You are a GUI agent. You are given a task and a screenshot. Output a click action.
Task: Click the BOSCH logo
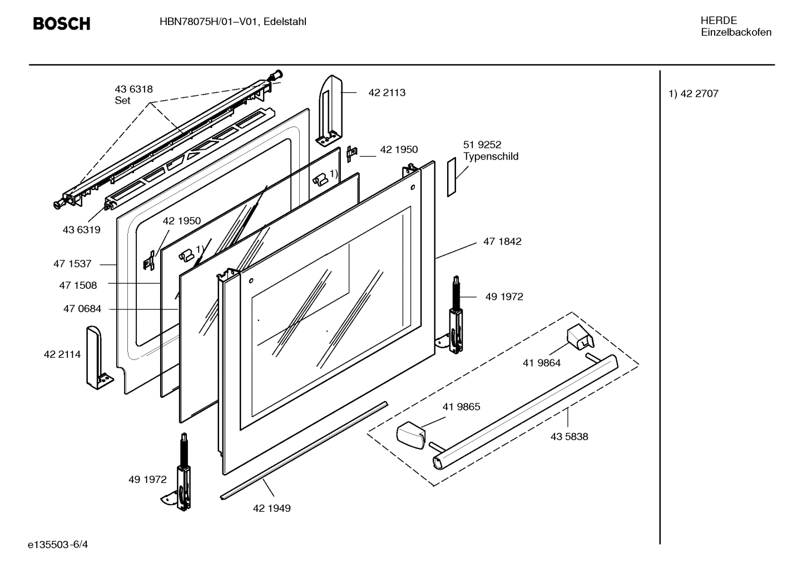pos(61,23)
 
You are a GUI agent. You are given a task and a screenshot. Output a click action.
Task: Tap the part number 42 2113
pos(387,93)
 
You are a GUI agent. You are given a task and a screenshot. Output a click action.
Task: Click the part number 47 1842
pos(502,241)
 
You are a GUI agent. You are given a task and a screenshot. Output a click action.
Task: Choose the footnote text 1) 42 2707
pos(693,94)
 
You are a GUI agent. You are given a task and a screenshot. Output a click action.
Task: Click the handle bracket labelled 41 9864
pos(578,338)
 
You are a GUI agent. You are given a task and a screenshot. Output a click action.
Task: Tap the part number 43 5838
pos(569,437)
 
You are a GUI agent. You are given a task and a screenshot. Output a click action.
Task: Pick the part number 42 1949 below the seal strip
pos(271,508)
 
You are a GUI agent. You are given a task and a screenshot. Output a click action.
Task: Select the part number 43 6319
pos(81,230)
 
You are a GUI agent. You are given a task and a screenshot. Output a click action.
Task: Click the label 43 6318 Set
pos(133,95)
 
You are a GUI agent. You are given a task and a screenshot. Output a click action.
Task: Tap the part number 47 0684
pos(82,309)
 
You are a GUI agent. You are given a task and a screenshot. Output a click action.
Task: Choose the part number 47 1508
pos(78,285)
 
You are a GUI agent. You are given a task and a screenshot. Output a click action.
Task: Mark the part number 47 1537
pos(72,264)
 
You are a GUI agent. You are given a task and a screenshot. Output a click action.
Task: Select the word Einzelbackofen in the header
pos(736,32)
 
